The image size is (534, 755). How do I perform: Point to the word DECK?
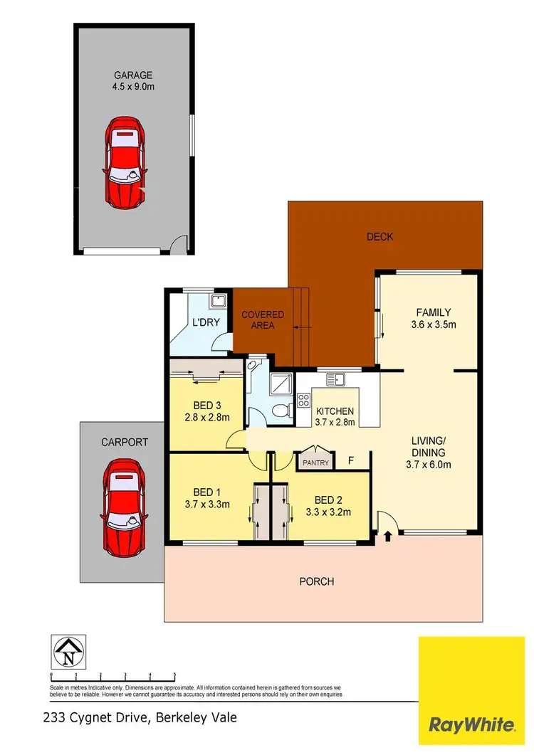point(379,237)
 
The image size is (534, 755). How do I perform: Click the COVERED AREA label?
point(263,320)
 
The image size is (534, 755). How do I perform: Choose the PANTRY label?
point(316,463)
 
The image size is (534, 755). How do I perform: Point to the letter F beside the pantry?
point(350,461)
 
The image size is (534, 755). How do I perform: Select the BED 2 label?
point(328,499)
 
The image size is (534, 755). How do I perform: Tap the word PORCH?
point(317,581)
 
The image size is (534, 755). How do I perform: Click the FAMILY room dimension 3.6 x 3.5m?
point(433,325)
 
